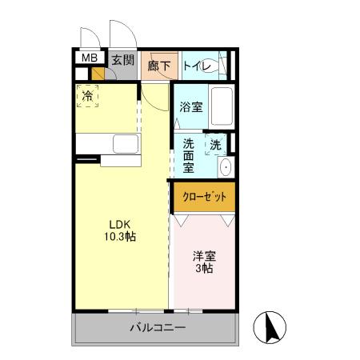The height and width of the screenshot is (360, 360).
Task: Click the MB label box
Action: pos(89,58)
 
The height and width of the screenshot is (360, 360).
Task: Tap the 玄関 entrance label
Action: pos(122,60)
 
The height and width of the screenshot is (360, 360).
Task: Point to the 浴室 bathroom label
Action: pos(190,107)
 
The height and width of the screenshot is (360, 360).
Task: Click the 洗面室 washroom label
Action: pos(188,156)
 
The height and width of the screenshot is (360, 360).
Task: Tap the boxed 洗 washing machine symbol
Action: pos(216,146)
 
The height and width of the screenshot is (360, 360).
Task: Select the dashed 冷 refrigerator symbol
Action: pos(88,96)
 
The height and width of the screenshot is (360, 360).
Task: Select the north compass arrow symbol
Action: pos(270,329)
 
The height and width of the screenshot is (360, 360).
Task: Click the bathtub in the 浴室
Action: pos(221,106)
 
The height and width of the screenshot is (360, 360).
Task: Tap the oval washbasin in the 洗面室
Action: pos(225,167)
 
